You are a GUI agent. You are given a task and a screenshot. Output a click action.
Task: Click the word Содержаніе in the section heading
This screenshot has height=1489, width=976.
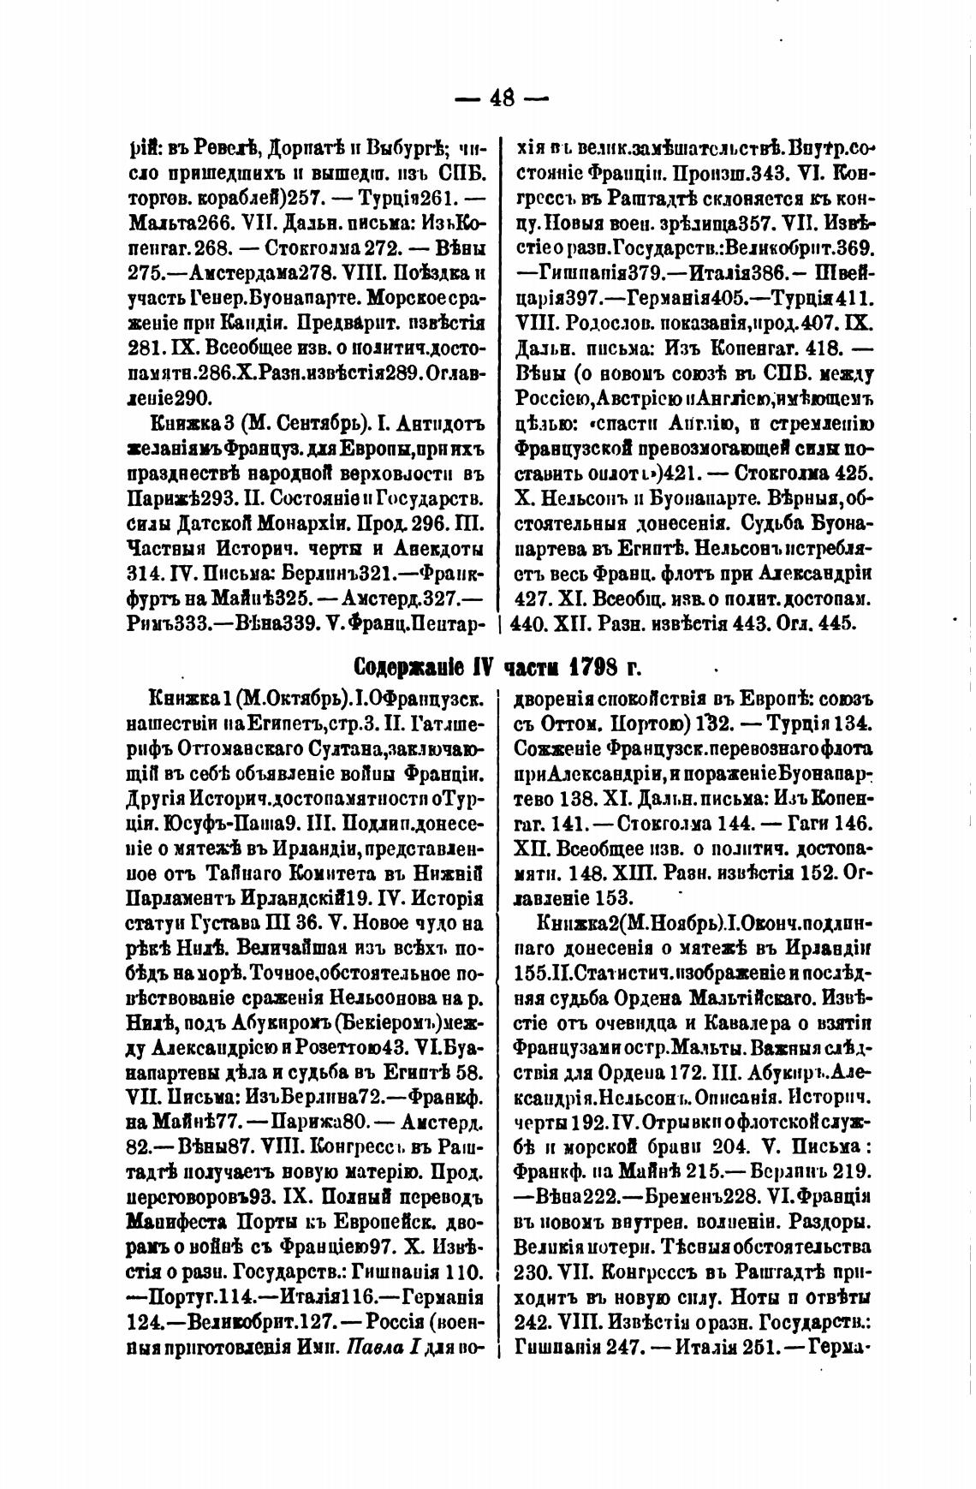pos(421,668)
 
